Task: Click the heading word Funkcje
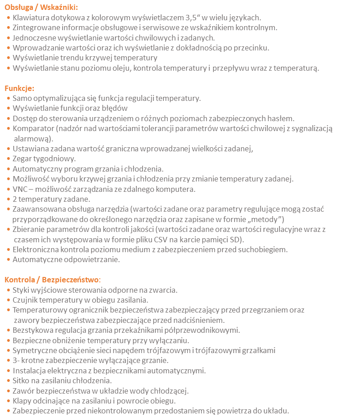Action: (x=19, y=88)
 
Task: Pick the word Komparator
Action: (x=32, y=128)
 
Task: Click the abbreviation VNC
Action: (x=20, y=189)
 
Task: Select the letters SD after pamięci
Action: (x=234, y=239)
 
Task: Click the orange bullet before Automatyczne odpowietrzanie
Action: (x=9, y=259)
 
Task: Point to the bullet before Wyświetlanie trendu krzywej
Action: (x=9, y=58)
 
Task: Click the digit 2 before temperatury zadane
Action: (x=15, y=199)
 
